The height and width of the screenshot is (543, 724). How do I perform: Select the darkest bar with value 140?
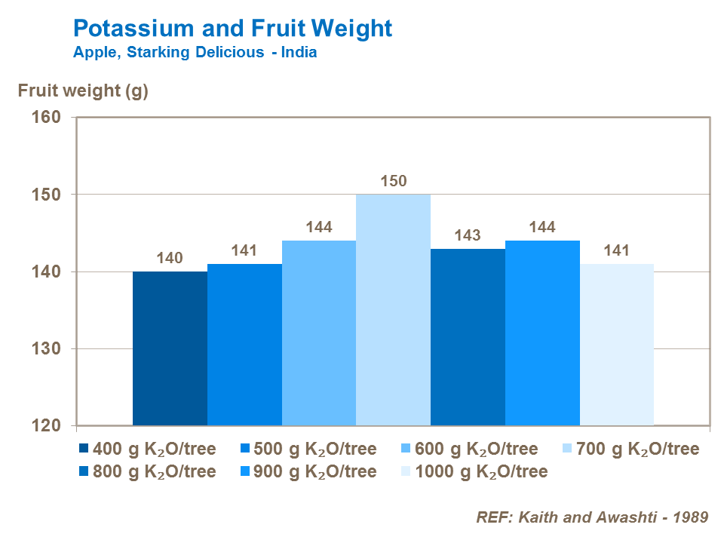(x=170, y=348)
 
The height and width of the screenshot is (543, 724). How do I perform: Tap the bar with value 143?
(x=468, y=337)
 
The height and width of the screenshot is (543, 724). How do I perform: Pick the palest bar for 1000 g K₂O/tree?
(x=616, y=345)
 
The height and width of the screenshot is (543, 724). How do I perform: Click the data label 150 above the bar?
(x=393, y=181)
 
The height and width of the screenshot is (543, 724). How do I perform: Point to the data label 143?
(x=468, y=235)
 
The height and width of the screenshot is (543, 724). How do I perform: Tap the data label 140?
(x=170, y=258)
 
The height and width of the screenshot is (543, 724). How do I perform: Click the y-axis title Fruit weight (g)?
(x=83, y=91)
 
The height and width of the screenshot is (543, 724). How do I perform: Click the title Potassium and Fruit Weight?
(x=232, y=29)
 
